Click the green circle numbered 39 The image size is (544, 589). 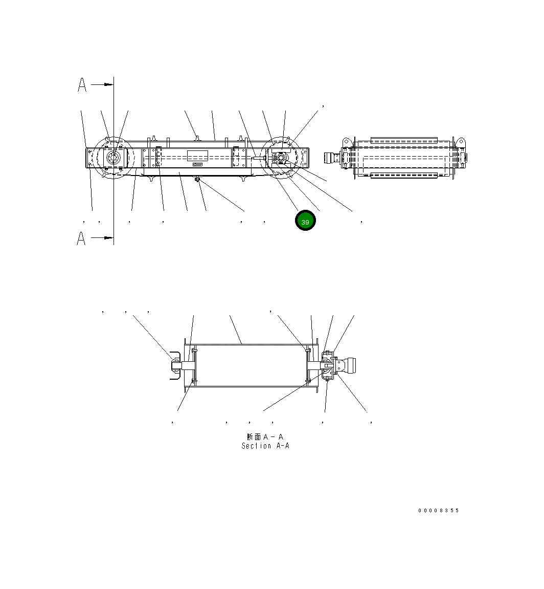305,221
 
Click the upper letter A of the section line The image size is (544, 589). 82,85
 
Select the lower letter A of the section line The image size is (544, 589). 81,238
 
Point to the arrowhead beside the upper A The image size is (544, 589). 108,84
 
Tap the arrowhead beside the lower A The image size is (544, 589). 108,237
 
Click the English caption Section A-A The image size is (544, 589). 265,446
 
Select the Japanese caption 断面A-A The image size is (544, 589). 265,437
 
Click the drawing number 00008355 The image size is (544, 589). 438,511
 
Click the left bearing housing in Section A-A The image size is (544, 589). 175,365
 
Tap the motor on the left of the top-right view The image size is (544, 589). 333,158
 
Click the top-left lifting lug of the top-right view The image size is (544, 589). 346,141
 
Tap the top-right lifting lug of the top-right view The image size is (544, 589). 460,141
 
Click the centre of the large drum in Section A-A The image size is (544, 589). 248,365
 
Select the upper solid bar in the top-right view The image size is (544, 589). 404,140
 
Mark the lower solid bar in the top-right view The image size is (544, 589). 404,176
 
